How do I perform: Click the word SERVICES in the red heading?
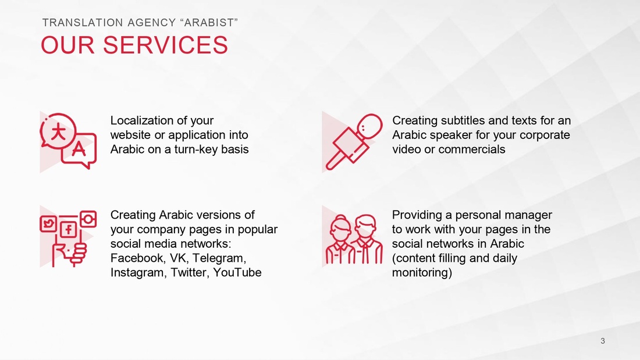click(165, 45)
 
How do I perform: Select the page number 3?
click(602, 341)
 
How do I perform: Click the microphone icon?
click(354, 142)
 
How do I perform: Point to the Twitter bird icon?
click(48, 224)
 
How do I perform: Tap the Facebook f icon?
click(69, 229)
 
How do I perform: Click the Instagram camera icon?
click(88, 219)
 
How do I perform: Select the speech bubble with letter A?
click(79, 150)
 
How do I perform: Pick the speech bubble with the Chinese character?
click(58, 132)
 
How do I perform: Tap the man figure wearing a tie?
click(367, 240)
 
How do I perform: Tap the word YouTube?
click(237, 272)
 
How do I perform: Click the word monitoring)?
click(422, 273)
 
